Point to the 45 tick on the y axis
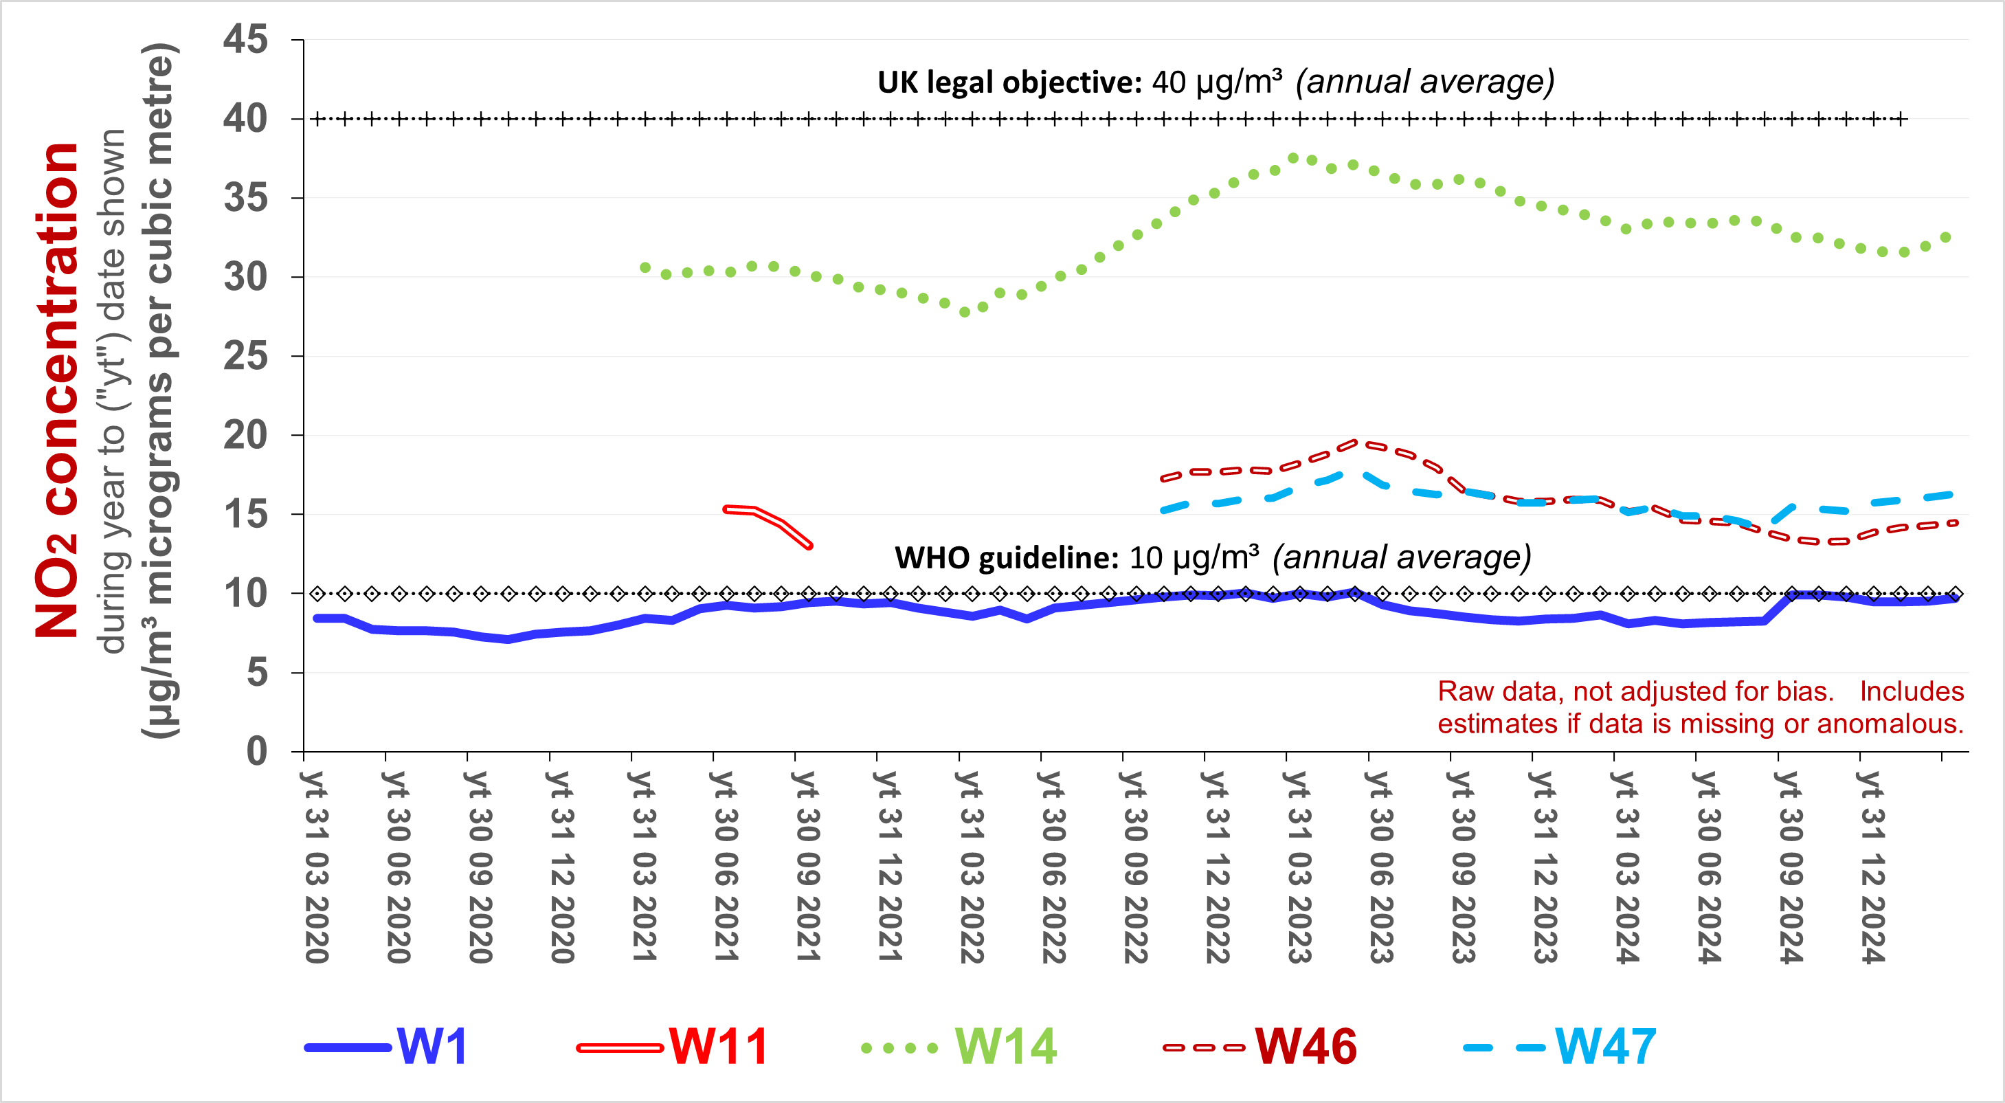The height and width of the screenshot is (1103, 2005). pos(246,39)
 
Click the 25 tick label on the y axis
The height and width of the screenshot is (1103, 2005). pos(246,356)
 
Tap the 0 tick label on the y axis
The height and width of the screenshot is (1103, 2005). pos(257,752)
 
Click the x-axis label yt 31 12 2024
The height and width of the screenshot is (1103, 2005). pos(1872,867)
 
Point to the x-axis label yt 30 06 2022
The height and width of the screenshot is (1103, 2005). pos(1053,867)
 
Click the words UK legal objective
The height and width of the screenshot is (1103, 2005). pos(1009,82)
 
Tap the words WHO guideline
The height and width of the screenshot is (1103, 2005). pos(1007,558)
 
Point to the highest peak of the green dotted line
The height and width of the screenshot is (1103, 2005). pos(1293,158)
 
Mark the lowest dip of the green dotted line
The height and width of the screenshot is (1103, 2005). pos(964,312)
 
